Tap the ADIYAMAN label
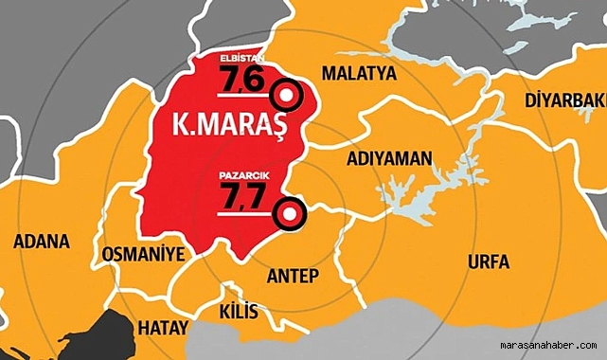click(388, 157)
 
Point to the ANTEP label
click(294, 275)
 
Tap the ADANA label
click(42, 242)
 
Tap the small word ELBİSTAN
click(239, 59)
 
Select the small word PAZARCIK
click(240, 175)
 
